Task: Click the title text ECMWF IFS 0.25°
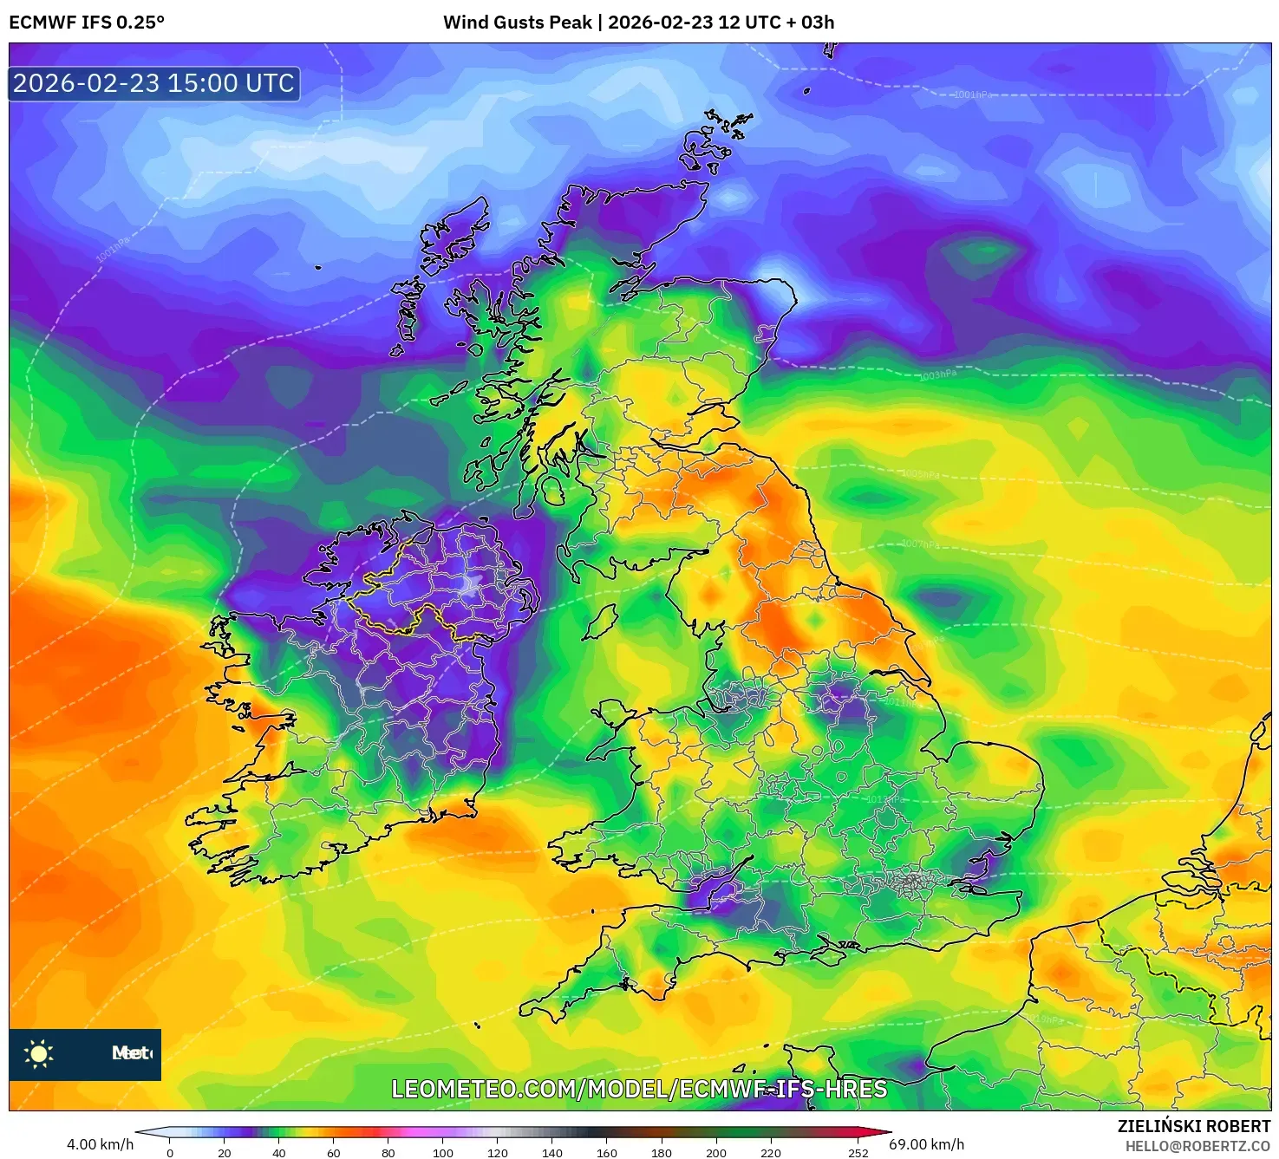click(x=87, y=23)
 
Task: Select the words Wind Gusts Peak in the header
click(x=518, y=23)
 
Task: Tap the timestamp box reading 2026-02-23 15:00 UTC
click(x=154, y=84)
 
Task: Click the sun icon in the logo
click(x=39, y=1054)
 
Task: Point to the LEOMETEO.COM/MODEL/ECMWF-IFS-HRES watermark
click(x=639, y=1089)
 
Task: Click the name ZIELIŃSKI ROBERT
click(x=1193, y=1126)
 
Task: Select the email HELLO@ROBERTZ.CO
click(x=1197, y=1146)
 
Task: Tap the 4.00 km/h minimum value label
click(x=100, y=1144)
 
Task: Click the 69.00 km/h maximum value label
click(x=926, y=1144)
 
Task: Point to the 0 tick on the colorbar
click(x=170, y=1153)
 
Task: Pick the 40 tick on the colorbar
click(x=279, y=1153)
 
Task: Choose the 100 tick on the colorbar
click(x=443, y=1153)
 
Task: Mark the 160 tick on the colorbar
click(x=607, y=1153)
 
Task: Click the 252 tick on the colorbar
click(x=858, y=1153)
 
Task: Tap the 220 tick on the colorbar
click(x=771, y=1153)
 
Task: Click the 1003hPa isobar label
click(x=938, y=374)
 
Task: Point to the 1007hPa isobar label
click(x=920, y=544)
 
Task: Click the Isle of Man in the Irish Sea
click(x=600, y=622)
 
